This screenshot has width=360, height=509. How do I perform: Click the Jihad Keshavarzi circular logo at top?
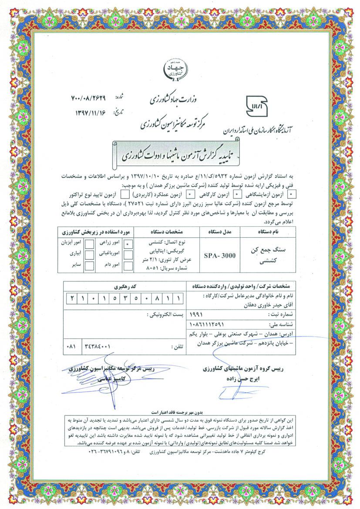coord(179,70)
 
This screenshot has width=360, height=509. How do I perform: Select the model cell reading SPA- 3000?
coord(220,255)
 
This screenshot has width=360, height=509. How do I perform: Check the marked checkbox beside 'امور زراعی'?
coord(127,245)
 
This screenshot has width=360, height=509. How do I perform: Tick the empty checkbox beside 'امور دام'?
coord(127,266)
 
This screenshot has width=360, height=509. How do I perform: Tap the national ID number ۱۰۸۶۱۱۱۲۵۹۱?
coord(208,324)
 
